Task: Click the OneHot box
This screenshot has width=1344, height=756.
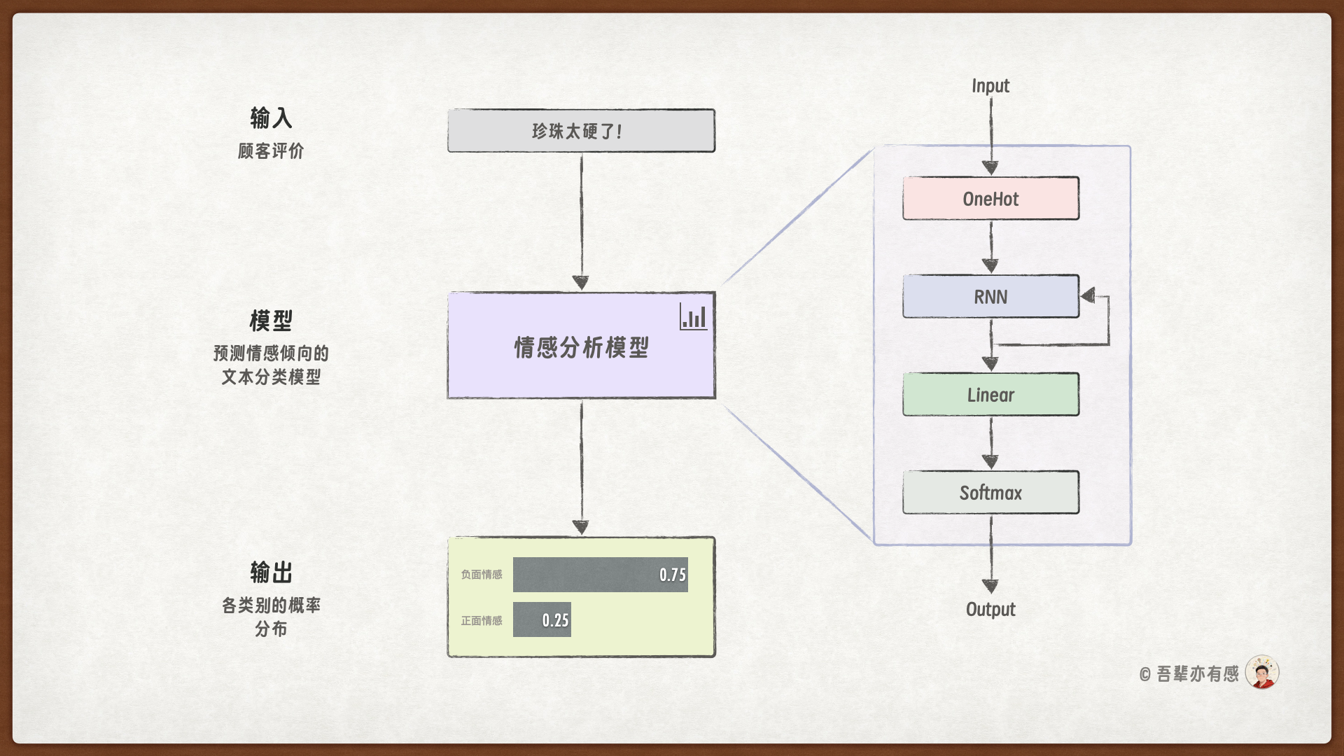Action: tap(990, 199)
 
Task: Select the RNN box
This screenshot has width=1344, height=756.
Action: tap(990, 297)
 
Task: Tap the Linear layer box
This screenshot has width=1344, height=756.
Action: tap(990, 395)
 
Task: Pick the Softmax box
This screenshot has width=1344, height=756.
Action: tap(990, 493)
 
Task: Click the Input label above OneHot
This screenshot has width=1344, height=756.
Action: tap(990, 86)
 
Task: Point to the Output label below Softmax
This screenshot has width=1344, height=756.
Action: tap(990, 609)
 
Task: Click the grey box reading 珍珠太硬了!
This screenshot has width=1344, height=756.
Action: tap(581, 131)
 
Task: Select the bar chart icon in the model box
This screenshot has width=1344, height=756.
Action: tap(694, 317)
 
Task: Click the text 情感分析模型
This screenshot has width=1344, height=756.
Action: tap(581, 347)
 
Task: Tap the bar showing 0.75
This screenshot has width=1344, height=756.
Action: tap(600, 575)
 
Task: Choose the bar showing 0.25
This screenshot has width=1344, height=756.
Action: tap(542, 619)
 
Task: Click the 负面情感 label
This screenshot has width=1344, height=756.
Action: tap(482, 575)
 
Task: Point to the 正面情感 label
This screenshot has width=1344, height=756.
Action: tap(482, 621)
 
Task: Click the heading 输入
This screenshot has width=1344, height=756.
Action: tap(271, 118)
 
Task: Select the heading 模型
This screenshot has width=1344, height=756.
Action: tap(271, 321)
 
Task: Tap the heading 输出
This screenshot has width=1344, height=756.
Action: tap(271, 572)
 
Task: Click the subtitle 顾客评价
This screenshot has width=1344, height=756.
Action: tap(271, 150)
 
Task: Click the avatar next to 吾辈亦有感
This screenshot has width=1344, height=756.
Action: tap(1262, 673)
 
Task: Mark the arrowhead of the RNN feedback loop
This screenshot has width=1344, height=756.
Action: tap(1088, 296)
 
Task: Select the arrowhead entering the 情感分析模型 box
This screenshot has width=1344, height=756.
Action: tap(581, 283)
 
